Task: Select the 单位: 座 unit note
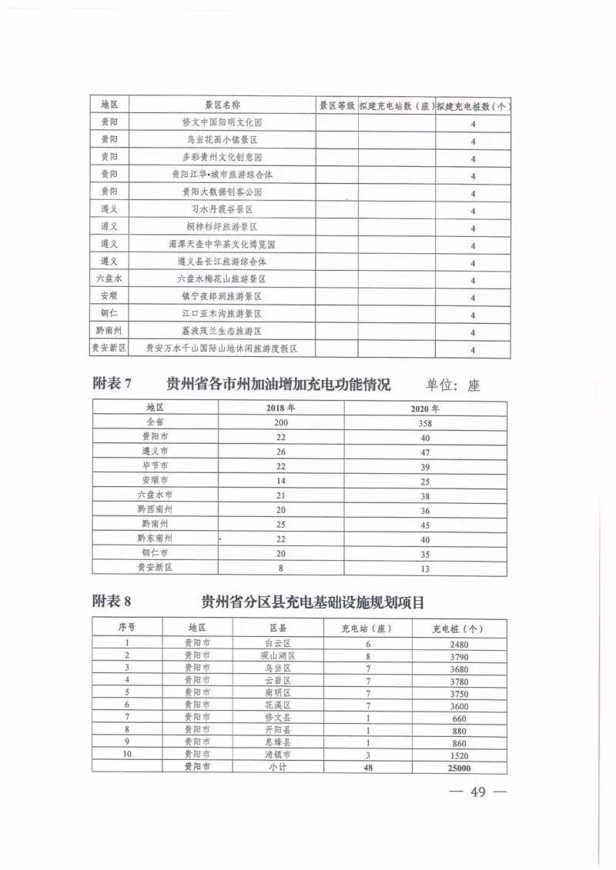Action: click(453, 385)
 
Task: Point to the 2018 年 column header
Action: click(281, 408)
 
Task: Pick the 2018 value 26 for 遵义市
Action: click(280, 451)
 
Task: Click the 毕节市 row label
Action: click(155, 465)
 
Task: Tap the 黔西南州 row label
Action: click(155, 510)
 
